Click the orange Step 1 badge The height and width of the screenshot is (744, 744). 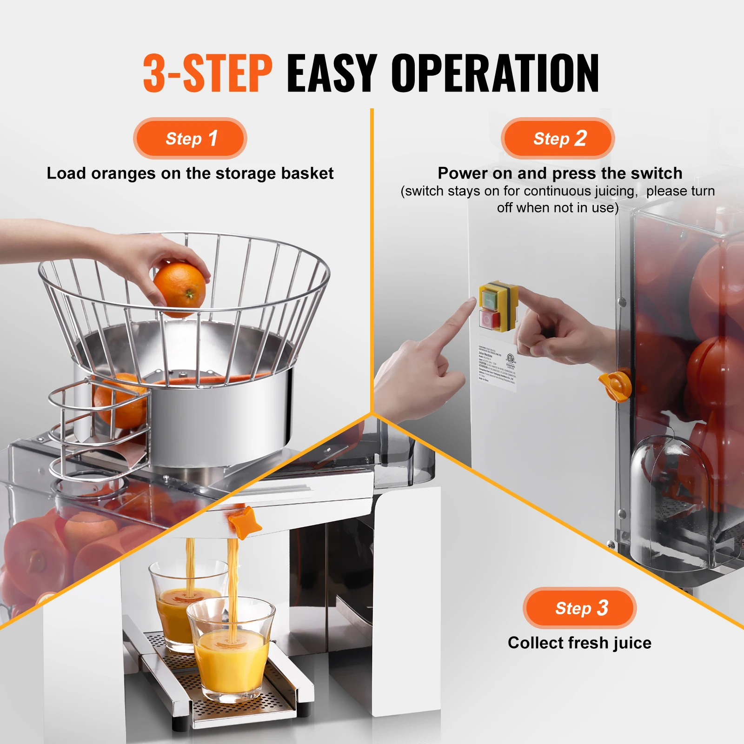pos(190,139)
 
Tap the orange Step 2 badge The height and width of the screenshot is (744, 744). pos(558,139)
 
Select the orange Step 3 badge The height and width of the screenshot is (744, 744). pos(579,608)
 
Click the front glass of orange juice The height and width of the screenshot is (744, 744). pos(231,651)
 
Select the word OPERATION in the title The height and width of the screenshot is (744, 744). pos(495,73)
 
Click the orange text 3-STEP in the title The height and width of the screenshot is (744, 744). pos(207,73)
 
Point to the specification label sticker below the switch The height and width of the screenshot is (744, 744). pos(497,367)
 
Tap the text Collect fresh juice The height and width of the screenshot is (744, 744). pos(579,643)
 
